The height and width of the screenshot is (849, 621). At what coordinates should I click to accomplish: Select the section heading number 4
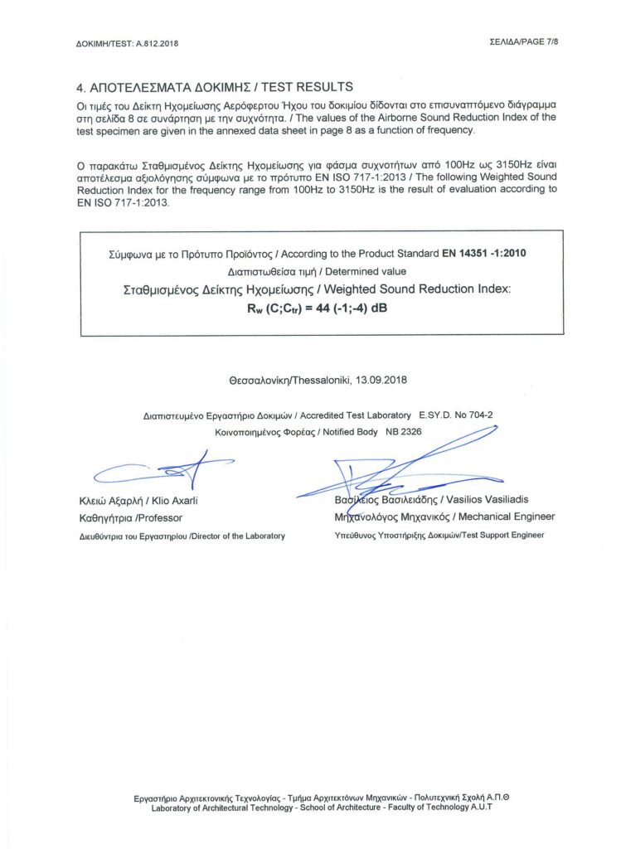80,87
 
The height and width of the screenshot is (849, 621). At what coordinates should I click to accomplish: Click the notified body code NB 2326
405,432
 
